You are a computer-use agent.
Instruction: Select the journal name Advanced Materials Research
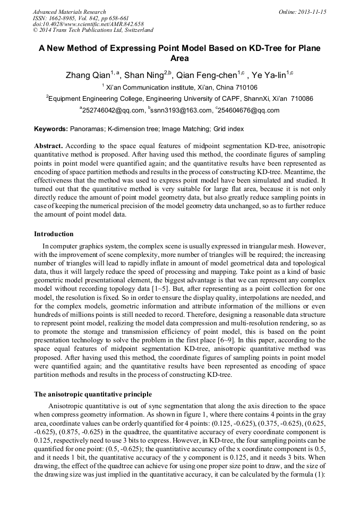70,12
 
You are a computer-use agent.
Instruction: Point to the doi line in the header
88,24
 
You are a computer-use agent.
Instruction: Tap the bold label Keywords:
51,129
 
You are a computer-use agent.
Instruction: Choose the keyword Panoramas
87,129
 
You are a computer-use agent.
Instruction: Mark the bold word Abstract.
48,145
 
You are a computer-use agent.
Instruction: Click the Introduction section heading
54,234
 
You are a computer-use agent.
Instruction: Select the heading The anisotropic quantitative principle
93,394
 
